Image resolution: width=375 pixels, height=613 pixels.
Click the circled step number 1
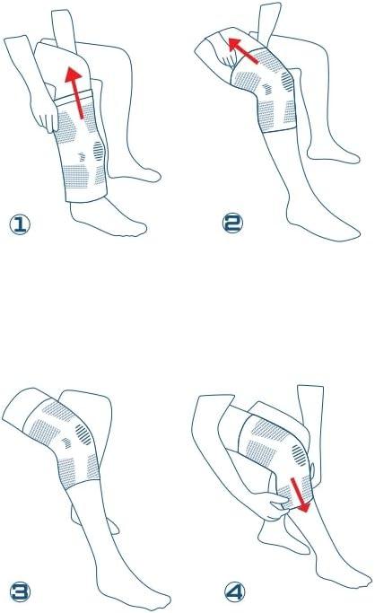[x=20, y=224]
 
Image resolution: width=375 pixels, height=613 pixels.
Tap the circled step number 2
[x=232, y=223]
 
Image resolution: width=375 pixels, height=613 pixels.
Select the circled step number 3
[x=20, y=591]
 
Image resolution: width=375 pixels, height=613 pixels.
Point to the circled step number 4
[x=235, y=591]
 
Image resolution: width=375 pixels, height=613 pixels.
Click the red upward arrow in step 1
[x=76, y=92]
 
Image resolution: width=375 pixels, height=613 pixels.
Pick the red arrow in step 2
[x=242, y=50]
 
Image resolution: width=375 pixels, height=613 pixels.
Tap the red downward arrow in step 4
[x=301, y=495]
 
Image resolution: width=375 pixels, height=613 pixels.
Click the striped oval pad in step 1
[x=99, y=151]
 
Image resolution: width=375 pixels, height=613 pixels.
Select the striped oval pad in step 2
[x=287, y=82]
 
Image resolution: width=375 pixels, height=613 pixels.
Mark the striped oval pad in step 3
[x=83, y=434]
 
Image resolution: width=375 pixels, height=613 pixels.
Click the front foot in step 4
[x=344, y=574]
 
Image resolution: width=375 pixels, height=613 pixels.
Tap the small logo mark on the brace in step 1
[x=82, y=157]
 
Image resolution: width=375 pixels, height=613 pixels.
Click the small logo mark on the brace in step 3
[x=67, y=443]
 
